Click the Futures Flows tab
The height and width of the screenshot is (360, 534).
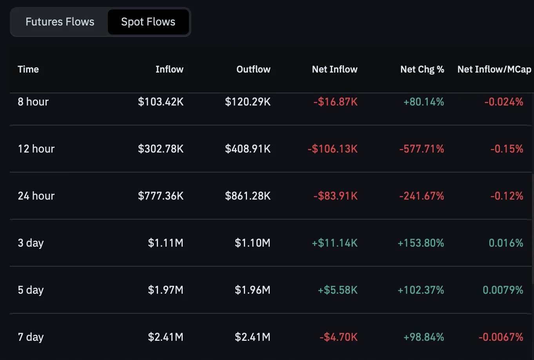60,22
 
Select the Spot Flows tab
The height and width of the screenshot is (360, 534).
148,22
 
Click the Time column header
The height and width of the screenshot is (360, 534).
28,69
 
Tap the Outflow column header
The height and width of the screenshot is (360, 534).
253,69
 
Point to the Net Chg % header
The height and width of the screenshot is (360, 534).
422,69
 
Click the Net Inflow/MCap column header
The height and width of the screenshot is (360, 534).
494,69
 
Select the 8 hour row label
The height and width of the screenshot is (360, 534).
33,102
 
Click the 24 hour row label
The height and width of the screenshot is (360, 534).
36,196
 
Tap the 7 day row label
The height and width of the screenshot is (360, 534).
31,337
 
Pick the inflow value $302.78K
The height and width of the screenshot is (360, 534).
161,149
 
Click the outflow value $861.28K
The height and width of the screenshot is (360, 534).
248,196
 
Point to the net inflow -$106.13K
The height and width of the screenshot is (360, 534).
332,149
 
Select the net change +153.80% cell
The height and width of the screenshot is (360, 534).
421,243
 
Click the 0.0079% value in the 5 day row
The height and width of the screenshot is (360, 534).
503,290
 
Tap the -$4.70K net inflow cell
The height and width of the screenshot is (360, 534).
338,337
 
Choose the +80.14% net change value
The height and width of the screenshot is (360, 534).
423,102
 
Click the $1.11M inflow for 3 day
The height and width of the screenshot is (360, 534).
166,243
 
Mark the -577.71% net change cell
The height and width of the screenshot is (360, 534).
422,149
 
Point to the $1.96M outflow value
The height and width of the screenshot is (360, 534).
253,290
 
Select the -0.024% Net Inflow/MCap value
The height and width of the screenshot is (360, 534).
504,102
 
